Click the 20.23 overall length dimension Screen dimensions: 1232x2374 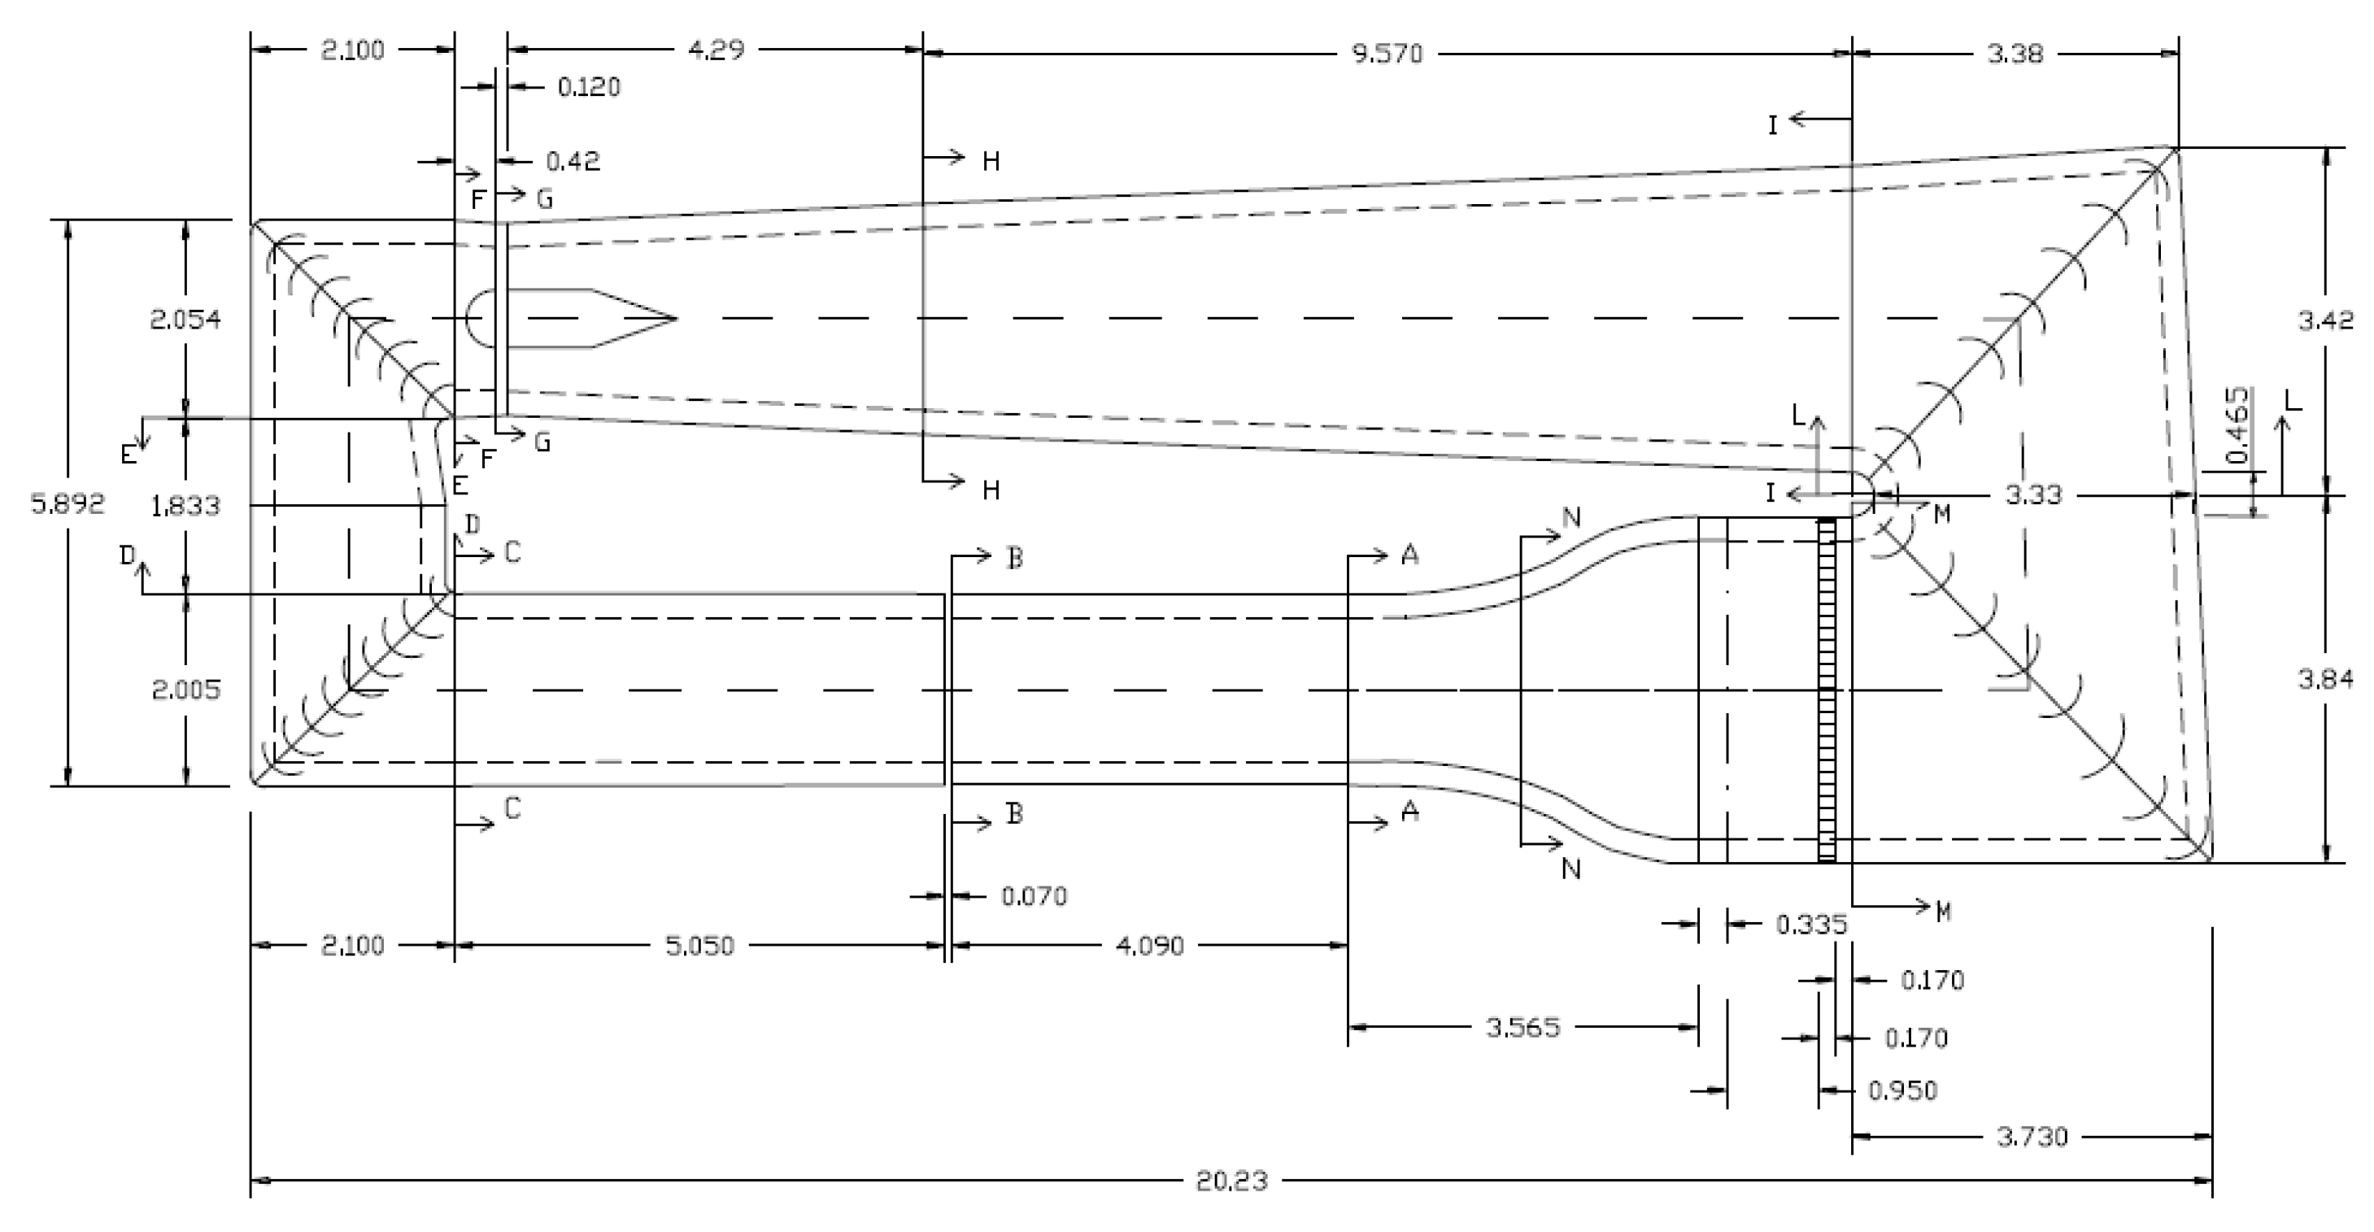coord(1231,1181)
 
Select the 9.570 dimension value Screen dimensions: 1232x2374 coord(1387,54)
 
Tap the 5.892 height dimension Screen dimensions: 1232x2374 coord(68,503)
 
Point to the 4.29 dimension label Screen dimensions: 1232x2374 coord(716,50)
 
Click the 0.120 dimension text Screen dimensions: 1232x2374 coord(589,87)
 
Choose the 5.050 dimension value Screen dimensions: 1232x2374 coord(699,946)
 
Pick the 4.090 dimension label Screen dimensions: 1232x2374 coord(1149,946)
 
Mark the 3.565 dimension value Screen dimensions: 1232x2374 coord(1522,1026)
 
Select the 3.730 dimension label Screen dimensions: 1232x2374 coord(2032,1136)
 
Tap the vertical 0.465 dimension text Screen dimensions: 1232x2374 coord(2237,426)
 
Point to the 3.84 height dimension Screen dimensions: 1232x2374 coord(2325,679)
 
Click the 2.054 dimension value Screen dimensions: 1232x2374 coord(185,319)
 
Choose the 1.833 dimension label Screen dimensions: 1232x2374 coord(185,505)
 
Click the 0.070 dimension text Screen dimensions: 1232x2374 coord(1034,895)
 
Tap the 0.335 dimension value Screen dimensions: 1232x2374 coord(1811,923)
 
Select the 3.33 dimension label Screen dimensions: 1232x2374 coord(2033,494)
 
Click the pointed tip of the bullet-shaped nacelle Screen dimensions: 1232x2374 coord(677,319)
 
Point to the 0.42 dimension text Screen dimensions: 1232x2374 coord(573,161)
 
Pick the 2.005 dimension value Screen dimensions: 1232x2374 coord(185,690)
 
